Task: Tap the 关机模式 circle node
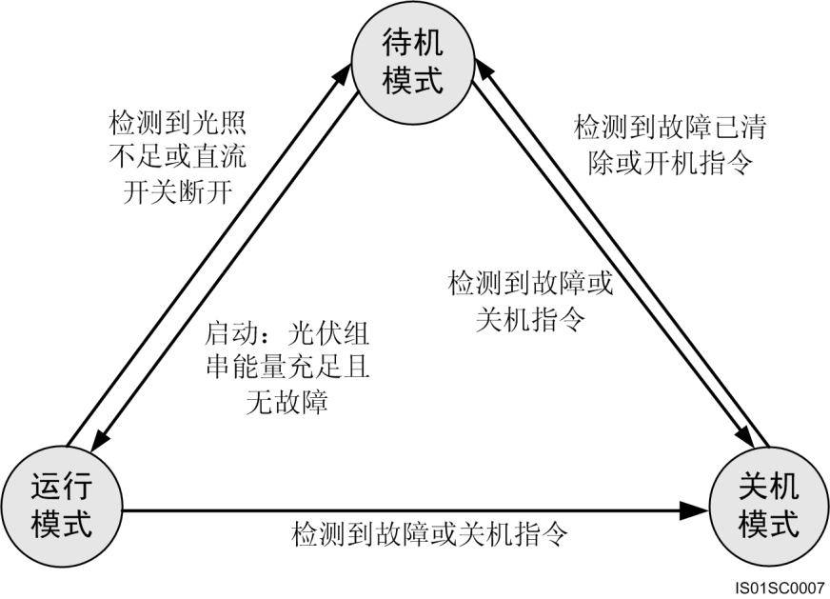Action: click(x=768, y=506)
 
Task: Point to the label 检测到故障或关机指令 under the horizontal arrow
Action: click(x=430, y=533)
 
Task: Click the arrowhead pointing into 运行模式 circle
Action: click(x=100, y=442)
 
